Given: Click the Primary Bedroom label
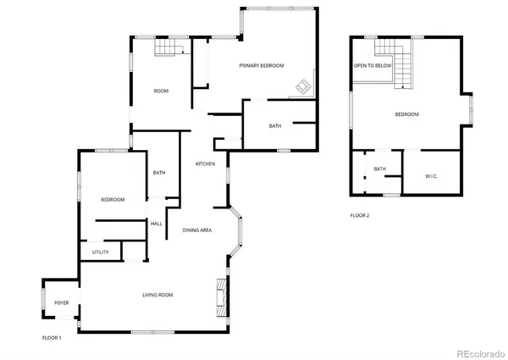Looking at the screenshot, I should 261,65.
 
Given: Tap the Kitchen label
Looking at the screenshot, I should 205,163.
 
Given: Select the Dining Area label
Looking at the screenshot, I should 196,230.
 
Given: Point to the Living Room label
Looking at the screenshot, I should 157,295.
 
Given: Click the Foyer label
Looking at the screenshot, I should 62,302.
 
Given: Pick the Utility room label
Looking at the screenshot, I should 101,252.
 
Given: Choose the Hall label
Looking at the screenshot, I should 157,224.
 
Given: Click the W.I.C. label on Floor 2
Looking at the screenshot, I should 432,175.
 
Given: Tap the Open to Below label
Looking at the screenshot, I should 371,65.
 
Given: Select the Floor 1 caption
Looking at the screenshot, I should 52,337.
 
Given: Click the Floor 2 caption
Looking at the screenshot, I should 360,215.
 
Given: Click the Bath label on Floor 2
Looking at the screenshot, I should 379,169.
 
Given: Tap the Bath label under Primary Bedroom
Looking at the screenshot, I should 275,126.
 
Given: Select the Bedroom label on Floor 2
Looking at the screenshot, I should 407,114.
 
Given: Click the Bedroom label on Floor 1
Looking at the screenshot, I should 113,199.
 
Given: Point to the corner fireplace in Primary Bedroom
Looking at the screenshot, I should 303,86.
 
